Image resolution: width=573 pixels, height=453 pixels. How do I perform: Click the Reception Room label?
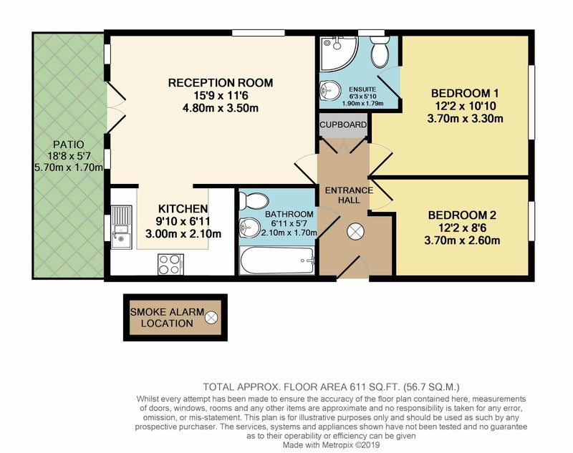221,83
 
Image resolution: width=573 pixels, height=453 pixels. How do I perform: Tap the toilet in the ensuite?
380,52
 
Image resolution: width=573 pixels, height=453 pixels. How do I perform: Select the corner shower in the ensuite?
339,53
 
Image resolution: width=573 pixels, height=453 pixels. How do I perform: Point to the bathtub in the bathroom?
276,260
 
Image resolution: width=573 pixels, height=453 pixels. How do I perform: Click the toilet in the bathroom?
254,202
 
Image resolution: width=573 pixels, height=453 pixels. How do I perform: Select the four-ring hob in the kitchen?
170,264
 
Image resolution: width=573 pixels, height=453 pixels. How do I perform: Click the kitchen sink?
122,227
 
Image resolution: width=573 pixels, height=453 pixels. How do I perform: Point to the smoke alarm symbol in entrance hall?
355,231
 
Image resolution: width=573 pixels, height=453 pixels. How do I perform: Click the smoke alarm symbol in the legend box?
211,318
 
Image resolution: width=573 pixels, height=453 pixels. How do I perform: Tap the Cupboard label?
343,125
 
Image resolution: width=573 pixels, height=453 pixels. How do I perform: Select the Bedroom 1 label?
465,94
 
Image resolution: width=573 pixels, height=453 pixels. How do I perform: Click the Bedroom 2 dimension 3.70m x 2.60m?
462,240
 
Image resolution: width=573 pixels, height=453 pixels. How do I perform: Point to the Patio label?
69,145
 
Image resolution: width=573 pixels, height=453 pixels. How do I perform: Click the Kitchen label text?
183,209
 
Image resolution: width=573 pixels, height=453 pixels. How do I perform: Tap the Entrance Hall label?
349,195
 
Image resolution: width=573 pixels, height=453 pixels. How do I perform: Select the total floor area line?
331,386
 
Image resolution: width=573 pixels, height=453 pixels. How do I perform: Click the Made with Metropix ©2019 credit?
331,445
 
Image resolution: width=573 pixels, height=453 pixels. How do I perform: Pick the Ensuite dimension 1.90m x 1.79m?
362,103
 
